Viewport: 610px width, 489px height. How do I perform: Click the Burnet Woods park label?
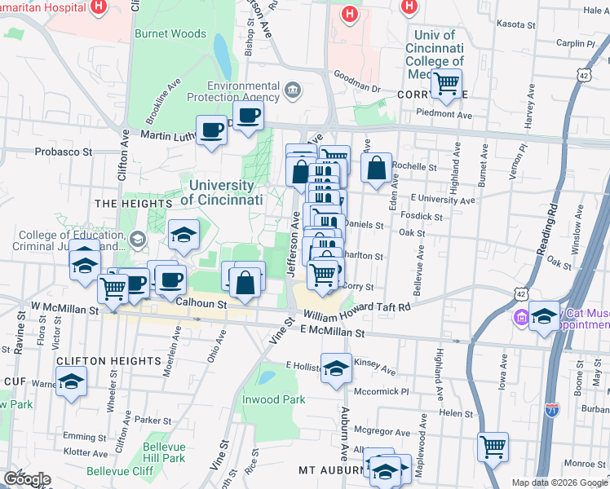[x=175, y=34]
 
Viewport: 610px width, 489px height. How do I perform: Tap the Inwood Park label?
[x=273, y=399]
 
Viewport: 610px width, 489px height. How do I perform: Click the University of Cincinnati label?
[x=222, y=192]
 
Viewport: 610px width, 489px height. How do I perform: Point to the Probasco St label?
[x=64, y=152]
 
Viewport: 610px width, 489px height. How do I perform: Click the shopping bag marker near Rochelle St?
[x=376, y=170]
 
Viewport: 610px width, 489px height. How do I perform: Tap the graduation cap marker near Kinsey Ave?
[x=336, y=368]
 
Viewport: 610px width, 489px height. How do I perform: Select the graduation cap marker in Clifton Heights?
[x=71, y=381]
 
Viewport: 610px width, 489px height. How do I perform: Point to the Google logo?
[x=27, y=478]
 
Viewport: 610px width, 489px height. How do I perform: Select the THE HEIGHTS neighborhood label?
[x=128, y=203]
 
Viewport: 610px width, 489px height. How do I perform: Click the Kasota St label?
[x=583, y=24]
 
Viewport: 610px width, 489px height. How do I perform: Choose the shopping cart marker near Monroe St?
[x=493, y=447]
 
